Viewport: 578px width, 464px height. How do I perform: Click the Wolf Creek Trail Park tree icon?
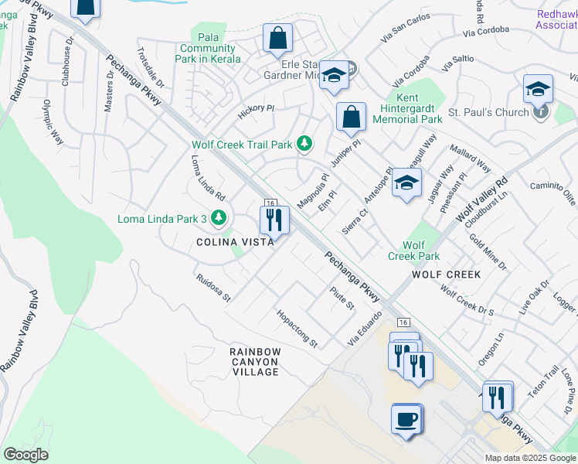[x=305, y=143]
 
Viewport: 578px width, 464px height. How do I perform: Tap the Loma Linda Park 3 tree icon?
[x=219, y=218]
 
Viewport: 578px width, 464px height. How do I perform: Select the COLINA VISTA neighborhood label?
[x=233, y=242]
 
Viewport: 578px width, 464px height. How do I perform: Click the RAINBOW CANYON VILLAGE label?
[x=254, y=362]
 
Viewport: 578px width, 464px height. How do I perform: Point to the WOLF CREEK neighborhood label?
[x=446, y=275]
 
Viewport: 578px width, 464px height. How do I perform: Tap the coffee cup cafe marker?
[x=406, y=420]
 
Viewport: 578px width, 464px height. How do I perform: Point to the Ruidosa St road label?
[x=213, y=287]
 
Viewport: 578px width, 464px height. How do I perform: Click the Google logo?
[x=25, y=455]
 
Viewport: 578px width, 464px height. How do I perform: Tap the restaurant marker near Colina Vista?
[x=274, y=220]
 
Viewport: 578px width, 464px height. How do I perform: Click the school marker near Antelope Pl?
[x=406, y=183]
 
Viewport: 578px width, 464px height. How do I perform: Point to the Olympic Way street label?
[x=53, y=122]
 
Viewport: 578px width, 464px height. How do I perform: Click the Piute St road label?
[x=342, y=298]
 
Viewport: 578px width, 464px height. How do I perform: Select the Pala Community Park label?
[x=216, y=48]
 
